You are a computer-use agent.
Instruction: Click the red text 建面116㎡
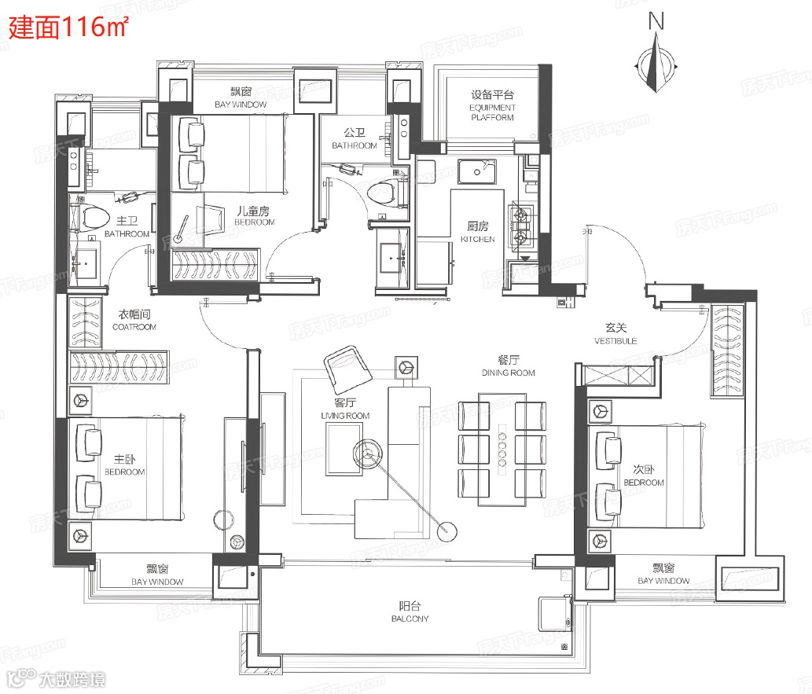[x=68, y=27]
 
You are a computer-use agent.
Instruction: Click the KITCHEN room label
[x=477, y=232]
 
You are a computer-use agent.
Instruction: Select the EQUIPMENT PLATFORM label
[x=492, y=105]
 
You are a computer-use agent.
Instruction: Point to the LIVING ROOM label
[x=345, y=409]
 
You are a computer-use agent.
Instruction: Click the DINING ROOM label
[x=508, y=365]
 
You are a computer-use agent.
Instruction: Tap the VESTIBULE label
[x=615, y=333]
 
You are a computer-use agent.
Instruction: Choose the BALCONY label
[x=410, y=611]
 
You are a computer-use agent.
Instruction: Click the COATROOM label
[x=134, y=320]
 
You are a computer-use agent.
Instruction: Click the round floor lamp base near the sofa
[x=447, y=531]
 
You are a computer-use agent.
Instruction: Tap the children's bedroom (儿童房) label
[x=254, y=216]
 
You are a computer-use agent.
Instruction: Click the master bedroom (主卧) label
[x=125, y=465]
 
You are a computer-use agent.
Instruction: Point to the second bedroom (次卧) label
[x=644, y=476]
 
